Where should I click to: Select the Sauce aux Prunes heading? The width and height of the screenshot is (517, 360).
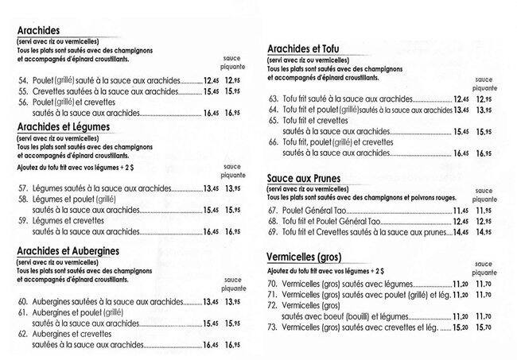pos(306,180)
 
